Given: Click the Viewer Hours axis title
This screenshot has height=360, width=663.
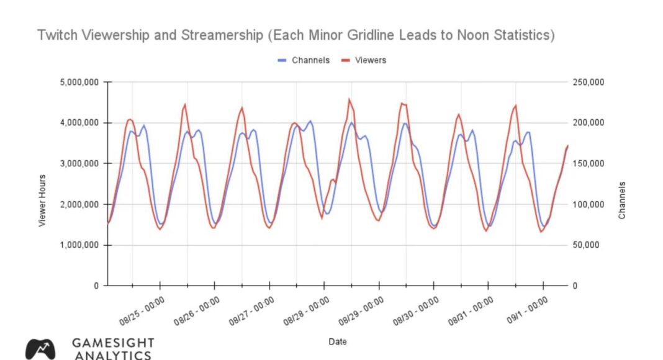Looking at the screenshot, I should [x=42, y=200].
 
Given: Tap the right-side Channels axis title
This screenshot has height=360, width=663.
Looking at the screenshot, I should [x=621, y=200].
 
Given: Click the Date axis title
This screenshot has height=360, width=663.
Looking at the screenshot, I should [x=338, y=341].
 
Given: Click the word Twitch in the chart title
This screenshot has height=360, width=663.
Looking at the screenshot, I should [x=56, y=35].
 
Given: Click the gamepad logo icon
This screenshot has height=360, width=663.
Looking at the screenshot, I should [x=40, y=348].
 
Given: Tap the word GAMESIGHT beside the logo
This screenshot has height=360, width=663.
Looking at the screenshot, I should [x=113, y=343].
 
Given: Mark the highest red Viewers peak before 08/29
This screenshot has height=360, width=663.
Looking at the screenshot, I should [x=350, y=99].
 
